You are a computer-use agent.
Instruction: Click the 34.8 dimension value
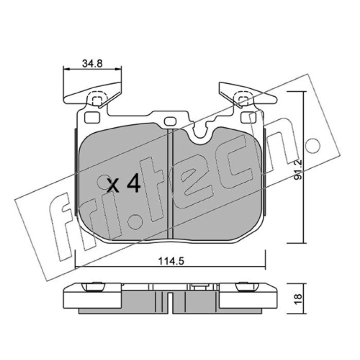[92, 63]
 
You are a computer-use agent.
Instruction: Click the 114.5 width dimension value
[171, 261]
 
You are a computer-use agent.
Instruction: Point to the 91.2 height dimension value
[298, 170]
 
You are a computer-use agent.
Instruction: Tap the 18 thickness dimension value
[298, 299]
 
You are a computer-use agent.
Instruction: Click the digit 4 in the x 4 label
[134, 183]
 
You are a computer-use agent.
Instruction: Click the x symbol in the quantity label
[113, 185]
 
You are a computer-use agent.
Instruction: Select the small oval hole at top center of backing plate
[171, 121]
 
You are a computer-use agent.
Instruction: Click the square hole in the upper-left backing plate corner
[92, 117]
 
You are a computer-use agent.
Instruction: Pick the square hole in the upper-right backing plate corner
[249, 117]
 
